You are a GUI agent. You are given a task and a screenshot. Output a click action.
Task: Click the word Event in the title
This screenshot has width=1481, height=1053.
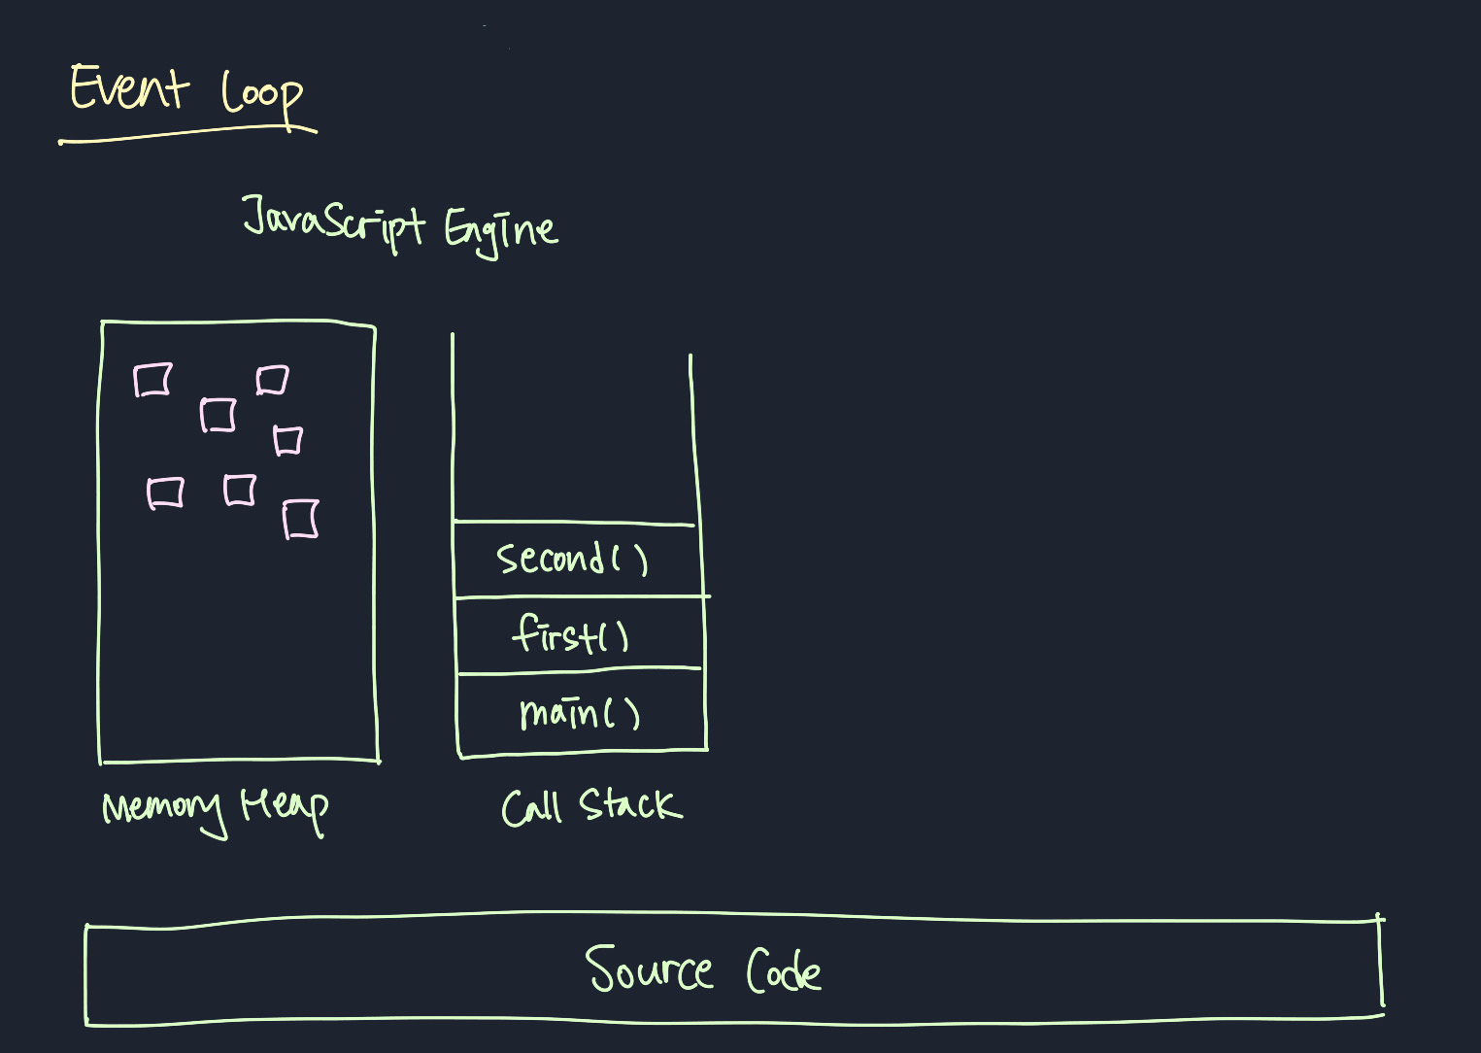pyautogui.click(x=128, y=88)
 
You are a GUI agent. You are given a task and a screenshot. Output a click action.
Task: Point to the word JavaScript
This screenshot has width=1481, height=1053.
pyautogui.click(x=333, y=221)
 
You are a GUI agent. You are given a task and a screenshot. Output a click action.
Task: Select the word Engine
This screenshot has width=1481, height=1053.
pyautogui.click(x=501, y=230)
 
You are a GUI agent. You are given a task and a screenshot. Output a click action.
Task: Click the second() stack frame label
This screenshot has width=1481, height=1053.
pyautogui.click(x=572, y=559)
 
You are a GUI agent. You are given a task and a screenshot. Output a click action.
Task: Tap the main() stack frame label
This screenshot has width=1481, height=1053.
pyautogui.click(x=580, y=713)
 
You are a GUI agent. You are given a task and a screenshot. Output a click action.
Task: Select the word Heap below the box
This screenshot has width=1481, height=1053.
pyautogui.click(x=285, y=807)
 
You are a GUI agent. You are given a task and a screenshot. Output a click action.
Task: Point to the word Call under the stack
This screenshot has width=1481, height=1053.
pyautogui.click(x=531, y=807)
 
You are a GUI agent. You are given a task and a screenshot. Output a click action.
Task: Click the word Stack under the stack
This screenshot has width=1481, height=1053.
pyautogui.click(x=630, y=805)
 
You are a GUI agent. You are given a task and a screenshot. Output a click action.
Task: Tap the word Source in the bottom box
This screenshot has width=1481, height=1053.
pyautogui.click(x=649, y=970)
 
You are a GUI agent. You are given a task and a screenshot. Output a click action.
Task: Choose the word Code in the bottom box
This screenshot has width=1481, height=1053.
pyautogui.click(x=784, y=970)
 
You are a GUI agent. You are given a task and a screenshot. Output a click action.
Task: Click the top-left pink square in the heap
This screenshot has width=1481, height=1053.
pyautogui.click(x=152, y=380)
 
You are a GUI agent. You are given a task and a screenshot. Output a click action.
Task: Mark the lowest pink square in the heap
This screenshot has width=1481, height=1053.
pyautogui.click(x=301, y=519)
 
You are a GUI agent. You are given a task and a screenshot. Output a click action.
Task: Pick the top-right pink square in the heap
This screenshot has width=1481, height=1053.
pyautogui.click(x=272, y=379)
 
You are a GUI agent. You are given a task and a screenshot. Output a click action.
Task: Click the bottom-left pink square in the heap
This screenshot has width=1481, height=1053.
pyautogui.click(x=165, y=493)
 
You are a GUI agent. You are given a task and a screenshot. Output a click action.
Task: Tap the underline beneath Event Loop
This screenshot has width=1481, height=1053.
pyautogui.click(x=189, y=134)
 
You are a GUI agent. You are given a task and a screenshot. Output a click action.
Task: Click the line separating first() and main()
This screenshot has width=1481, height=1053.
pyautogui.click(x=579, y=670)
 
